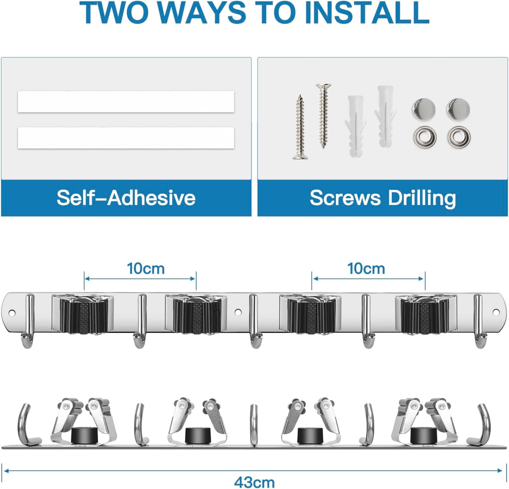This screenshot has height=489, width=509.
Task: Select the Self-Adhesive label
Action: pyautogui.click(x=126, y=198)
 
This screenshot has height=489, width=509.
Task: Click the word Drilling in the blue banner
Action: pyautogui.click(x=422, y=198)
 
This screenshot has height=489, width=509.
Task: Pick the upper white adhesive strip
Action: pyautogui.click(x=126, y=102)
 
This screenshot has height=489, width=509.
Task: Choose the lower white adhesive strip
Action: pyautogui.click(x=126, y=138)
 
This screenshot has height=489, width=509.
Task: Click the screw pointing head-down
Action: pyautogui.click(x=300, y=127)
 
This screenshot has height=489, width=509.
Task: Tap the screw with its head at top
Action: pyautogui.click(x=324, y=116)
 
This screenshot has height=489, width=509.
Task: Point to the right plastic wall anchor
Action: pyautogui.click(x=385, y=116)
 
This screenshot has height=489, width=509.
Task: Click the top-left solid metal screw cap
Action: pyautogui.click(x=424, y=109)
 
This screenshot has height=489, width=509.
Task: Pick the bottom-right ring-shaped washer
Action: pyautogui.click(x=459, y=137)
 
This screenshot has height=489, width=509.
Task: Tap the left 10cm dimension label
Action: pyautogui.click(x=146, y=269)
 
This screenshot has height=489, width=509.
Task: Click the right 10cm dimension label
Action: pyautogui.click(x=366, y=269)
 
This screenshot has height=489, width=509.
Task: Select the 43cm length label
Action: pyautogui.click(x=254, y=482)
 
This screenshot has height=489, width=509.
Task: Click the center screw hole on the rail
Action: pyautogui.click(x=238, y=312)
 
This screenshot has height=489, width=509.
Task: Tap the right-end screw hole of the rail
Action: pyautogui.click(x=496, y=312)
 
